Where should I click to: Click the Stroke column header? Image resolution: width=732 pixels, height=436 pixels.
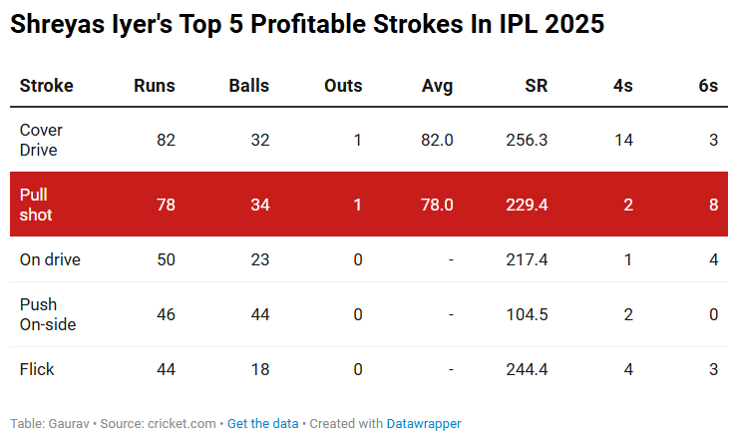[47, 86]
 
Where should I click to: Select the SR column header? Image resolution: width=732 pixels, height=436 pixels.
[536, 86]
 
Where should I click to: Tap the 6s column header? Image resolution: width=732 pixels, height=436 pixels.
[708, 86]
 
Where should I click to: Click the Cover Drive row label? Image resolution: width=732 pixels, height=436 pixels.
[39, 140]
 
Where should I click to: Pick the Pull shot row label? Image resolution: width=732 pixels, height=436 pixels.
[36, 205]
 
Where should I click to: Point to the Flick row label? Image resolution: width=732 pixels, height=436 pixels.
[37, 369]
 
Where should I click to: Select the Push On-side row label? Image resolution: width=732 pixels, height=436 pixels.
[48, 314]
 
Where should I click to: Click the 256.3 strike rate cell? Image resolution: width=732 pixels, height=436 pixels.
[527, 140]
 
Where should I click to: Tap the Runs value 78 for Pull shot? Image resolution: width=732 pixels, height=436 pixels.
[166, 205]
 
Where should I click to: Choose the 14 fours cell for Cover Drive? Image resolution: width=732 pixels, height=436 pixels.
[623, 140]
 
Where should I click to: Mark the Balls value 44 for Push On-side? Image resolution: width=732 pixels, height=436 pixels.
[260, 314]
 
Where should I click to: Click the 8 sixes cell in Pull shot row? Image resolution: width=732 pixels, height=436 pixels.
[713, 205]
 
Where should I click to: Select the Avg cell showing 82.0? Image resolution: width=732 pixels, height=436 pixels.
[437, 140]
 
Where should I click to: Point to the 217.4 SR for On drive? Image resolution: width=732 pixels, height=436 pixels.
[527, 259]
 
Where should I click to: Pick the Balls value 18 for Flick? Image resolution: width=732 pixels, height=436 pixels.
[260, 369]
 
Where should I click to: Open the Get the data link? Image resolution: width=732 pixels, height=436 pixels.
[262, 423]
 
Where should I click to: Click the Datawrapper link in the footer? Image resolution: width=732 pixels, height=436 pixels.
[425, 423]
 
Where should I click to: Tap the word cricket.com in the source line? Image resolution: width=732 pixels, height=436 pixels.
[182, 423]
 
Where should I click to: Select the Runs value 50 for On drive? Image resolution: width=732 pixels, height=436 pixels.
[166, 259]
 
